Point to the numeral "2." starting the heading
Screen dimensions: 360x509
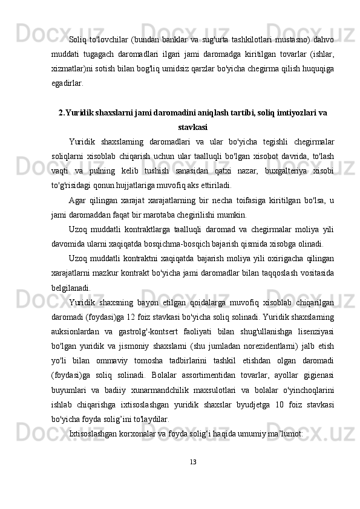[x=63, y=112]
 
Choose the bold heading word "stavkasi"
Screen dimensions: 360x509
[x=194, y=127]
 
